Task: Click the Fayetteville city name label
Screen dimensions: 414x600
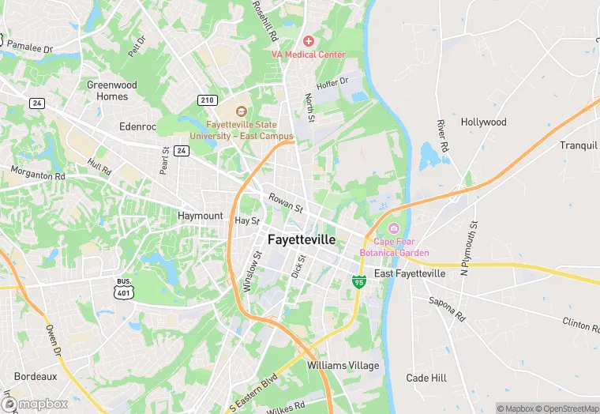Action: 302,239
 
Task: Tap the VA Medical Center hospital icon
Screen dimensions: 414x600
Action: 308,40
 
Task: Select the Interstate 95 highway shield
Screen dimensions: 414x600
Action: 358,281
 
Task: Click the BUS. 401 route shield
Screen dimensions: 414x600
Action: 123,288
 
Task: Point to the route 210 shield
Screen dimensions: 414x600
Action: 208,100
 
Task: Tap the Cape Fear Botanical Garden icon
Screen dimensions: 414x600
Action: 394,228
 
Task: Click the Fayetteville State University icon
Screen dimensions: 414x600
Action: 242,112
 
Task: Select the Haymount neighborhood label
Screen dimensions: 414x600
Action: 201,216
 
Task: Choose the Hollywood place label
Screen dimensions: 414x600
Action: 483,122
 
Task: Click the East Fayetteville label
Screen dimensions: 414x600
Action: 410,273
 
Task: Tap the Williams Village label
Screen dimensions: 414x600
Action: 343,366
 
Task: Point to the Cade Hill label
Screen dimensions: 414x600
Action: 426,378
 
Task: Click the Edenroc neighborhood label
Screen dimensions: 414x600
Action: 137,126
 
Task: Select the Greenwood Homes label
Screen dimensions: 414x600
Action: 111,91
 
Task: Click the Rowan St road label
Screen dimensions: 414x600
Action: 286,203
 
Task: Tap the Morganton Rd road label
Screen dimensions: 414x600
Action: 38,173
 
